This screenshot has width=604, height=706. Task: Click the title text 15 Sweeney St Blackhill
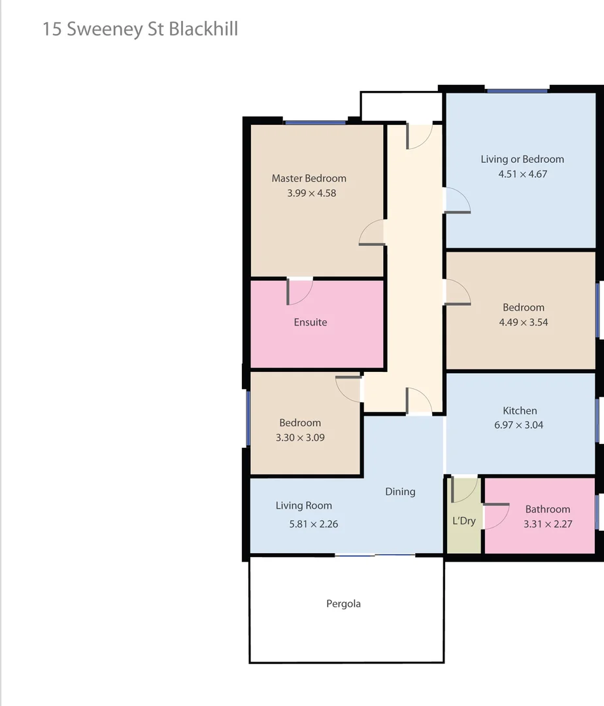click(x=140, y=29)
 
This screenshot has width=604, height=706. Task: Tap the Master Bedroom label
click(x=309, y=178)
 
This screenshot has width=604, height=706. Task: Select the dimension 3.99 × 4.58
click(x=312, y=193)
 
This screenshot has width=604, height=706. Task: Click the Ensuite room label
click(x=310, y=322)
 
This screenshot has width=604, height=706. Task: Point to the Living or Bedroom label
click(x=522, y=159)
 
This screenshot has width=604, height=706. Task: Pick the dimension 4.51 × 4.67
click(x=522, y=174)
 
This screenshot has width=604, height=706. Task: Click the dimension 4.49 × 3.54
click(x=524, y=322)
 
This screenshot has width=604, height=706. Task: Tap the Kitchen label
click(x=520, y=411)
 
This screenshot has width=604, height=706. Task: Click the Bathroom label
click(x=548, y=509)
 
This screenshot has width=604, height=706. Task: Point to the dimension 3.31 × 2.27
click(x=548, y=524)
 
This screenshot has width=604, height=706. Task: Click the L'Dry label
click(x=464, y=521)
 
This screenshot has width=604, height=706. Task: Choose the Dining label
click(x=400, y=492)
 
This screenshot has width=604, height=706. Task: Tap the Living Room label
click(x=304, y=505)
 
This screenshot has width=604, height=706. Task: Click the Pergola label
click(x=344, y=604)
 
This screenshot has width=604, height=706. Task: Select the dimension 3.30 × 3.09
click(x=301, y=437)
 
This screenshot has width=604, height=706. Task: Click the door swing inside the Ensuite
click(x=300, y=292)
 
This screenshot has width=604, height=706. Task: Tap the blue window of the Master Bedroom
click(x=315, y=122)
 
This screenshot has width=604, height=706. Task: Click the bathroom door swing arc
click(x=496, y=516)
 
